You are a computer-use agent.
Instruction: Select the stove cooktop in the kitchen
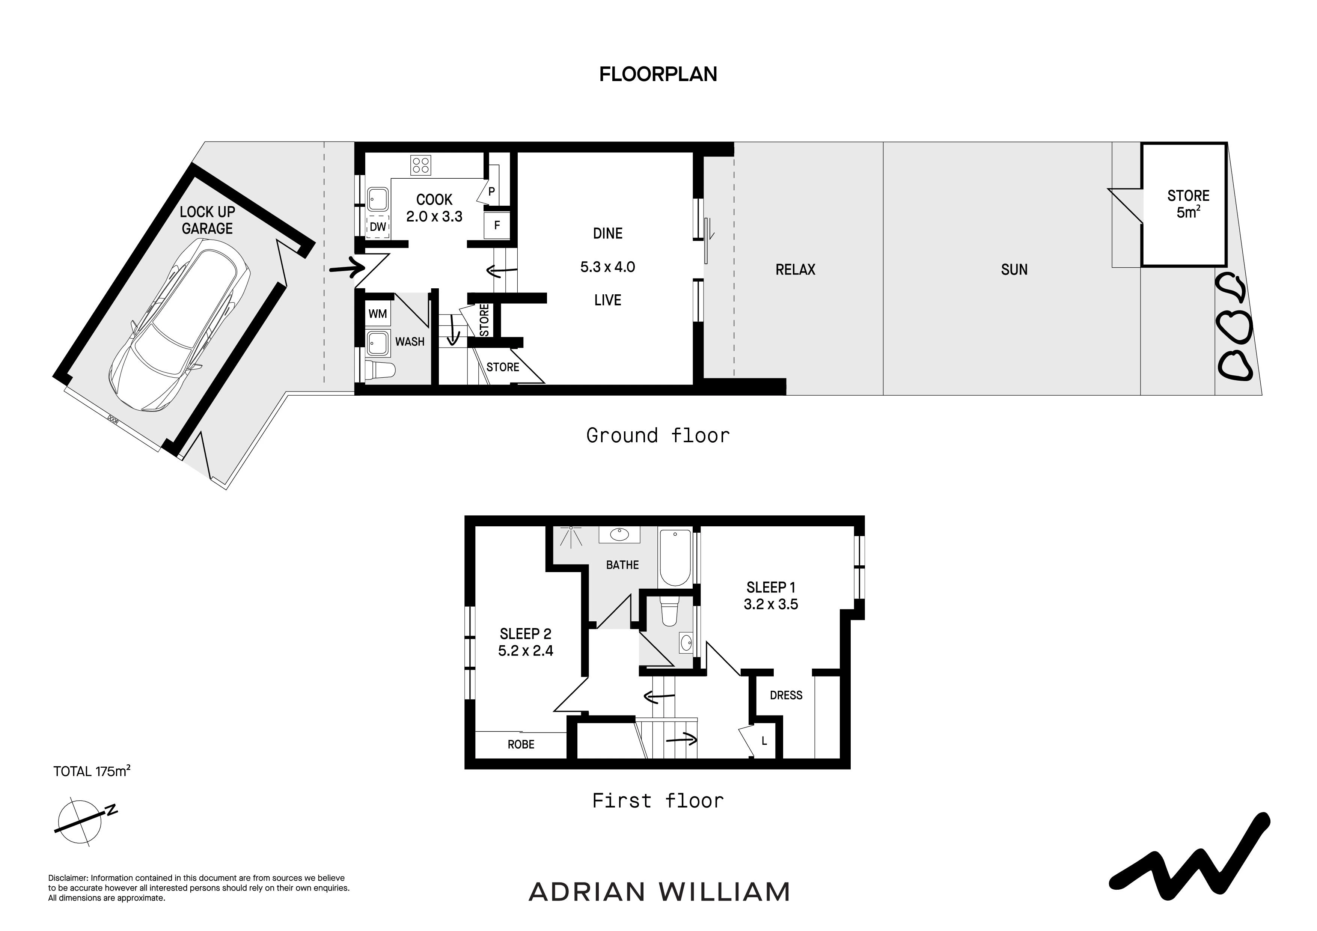click(420, 165)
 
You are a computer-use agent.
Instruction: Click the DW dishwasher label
click(378, 227)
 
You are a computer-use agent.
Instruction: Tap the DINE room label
click(607, 234)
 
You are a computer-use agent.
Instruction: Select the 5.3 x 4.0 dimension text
click(607, 267)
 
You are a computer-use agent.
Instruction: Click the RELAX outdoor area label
click(795, 270)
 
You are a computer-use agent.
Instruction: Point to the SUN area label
click(1014, 270)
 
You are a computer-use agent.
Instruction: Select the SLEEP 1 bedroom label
click(771, 588)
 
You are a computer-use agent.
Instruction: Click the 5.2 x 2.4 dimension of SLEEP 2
click(526, 651)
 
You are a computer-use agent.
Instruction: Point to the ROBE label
click(521, 744)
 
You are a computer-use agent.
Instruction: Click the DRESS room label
click(786, 695)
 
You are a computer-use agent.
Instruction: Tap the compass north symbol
click(84, 822)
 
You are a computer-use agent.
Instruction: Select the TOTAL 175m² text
click(92, 771)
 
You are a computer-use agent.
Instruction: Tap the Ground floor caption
click(658, 435)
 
